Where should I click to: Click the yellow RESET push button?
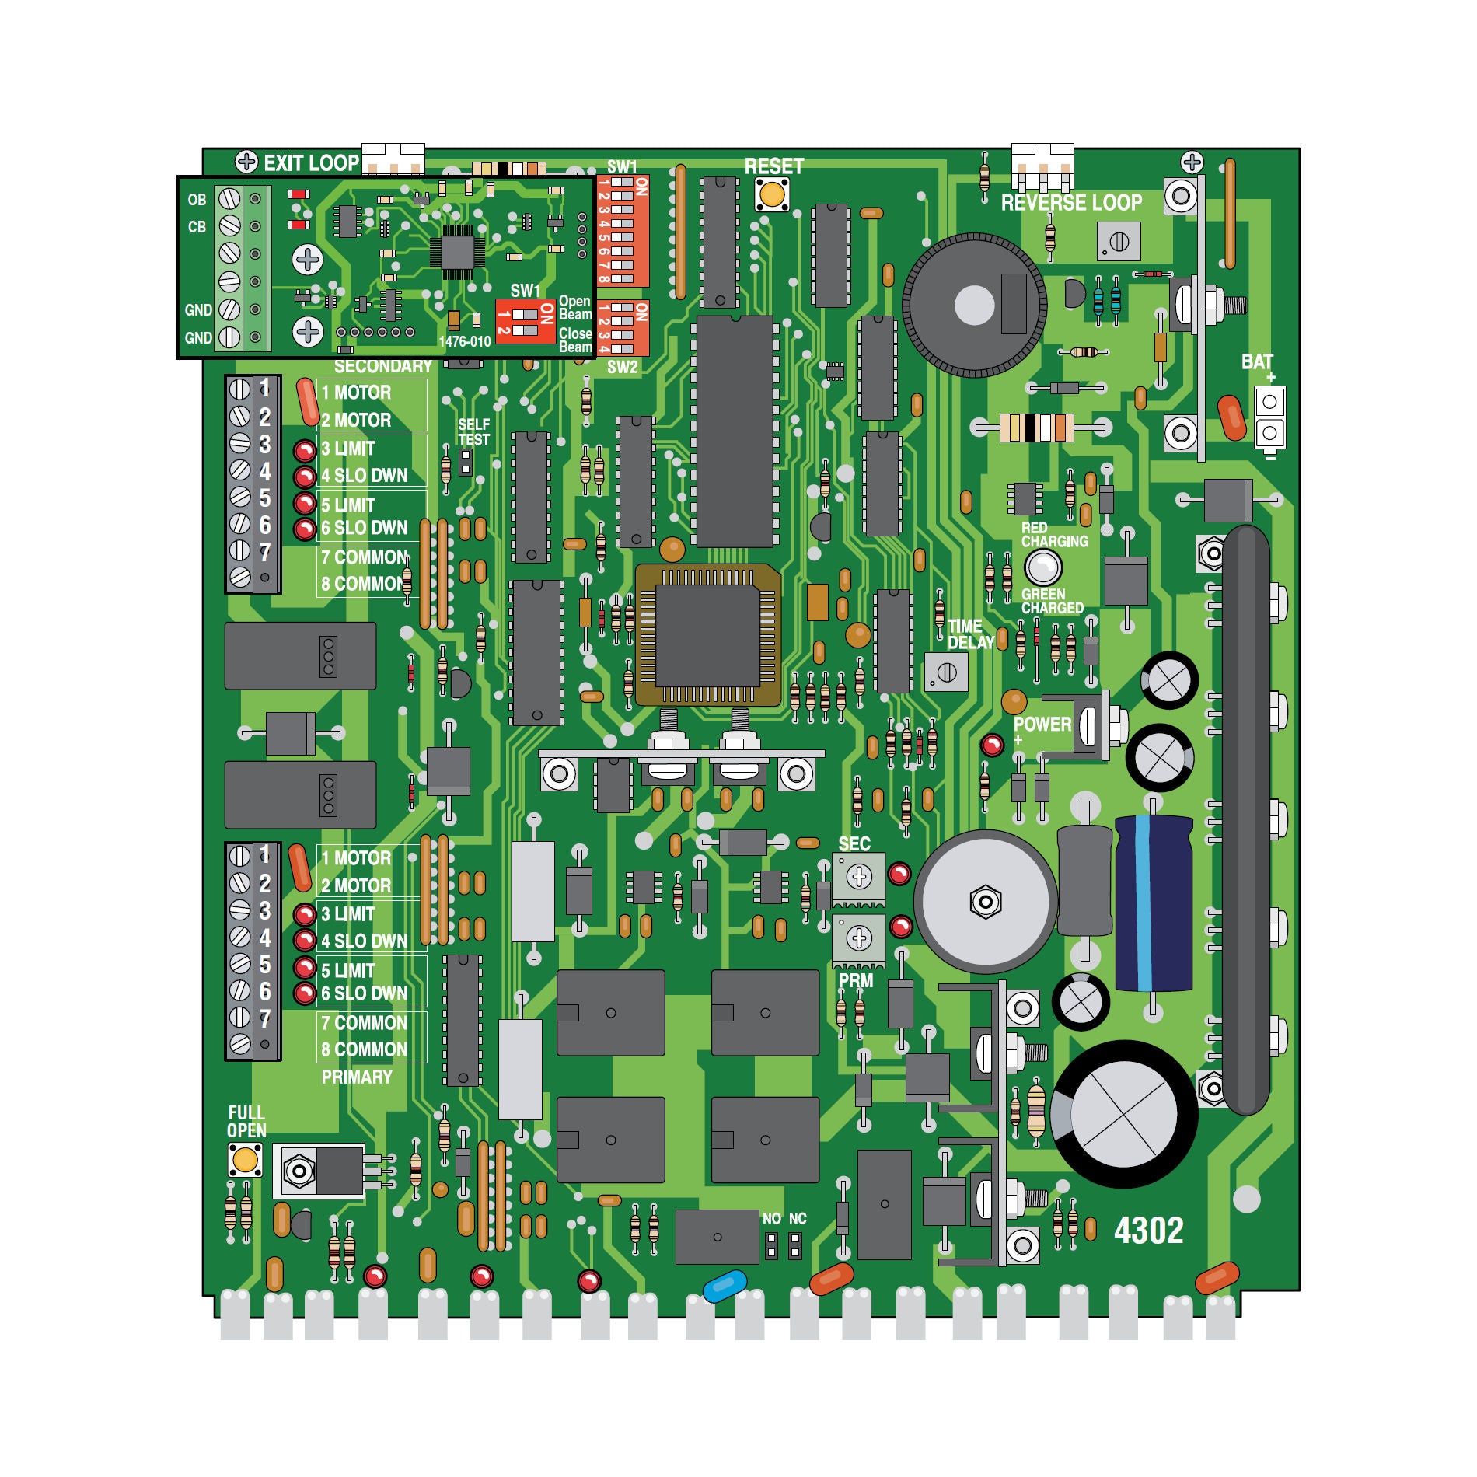coord(772,194)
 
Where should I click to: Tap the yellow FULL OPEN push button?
coord(246,1161)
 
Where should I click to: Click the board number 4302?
coord(1148,1230)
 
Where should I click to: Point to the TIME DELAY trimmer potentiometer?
coord(946,672)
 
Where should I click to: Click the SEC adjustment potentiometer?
coord(859,878)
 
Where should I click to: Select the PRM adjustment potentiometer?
coord(859,939)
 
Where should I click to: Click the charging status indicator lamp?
coord(1042,567)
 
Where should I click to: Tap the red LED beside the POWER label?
coord(992,745)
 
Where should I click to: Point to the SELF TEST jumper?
coord(466,462)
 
